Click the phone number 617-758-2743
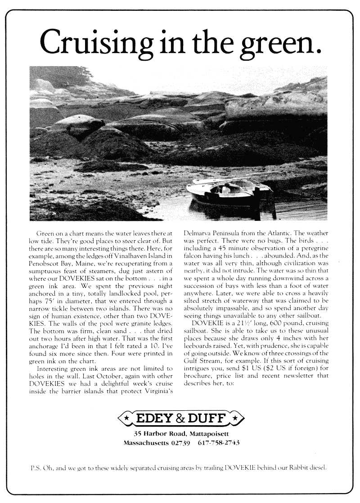[218, 443]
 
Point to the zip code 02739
[178, 443]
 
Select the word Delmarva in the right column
[200, 234]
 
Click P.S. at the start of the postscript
[35, 467]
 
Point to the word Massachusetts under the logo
[145, 443]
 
